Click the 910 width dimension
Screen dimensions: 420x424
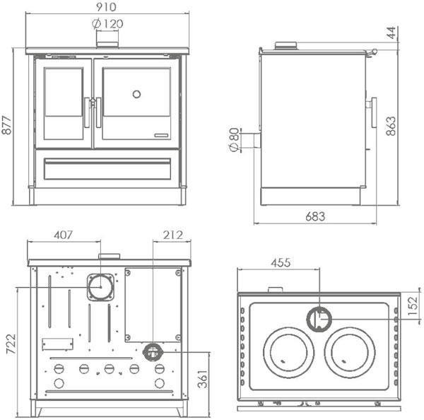point(107,7)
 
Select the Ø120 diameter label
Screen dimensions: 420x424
point(107,23)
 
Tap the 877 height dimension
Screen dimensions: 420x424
point(8,127)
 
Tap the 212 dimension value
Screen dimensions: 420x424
point(172,235)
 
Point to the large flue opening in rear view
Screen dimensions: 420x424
point(100,287)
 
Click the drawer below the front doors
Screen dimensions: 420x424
point(107,168)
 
